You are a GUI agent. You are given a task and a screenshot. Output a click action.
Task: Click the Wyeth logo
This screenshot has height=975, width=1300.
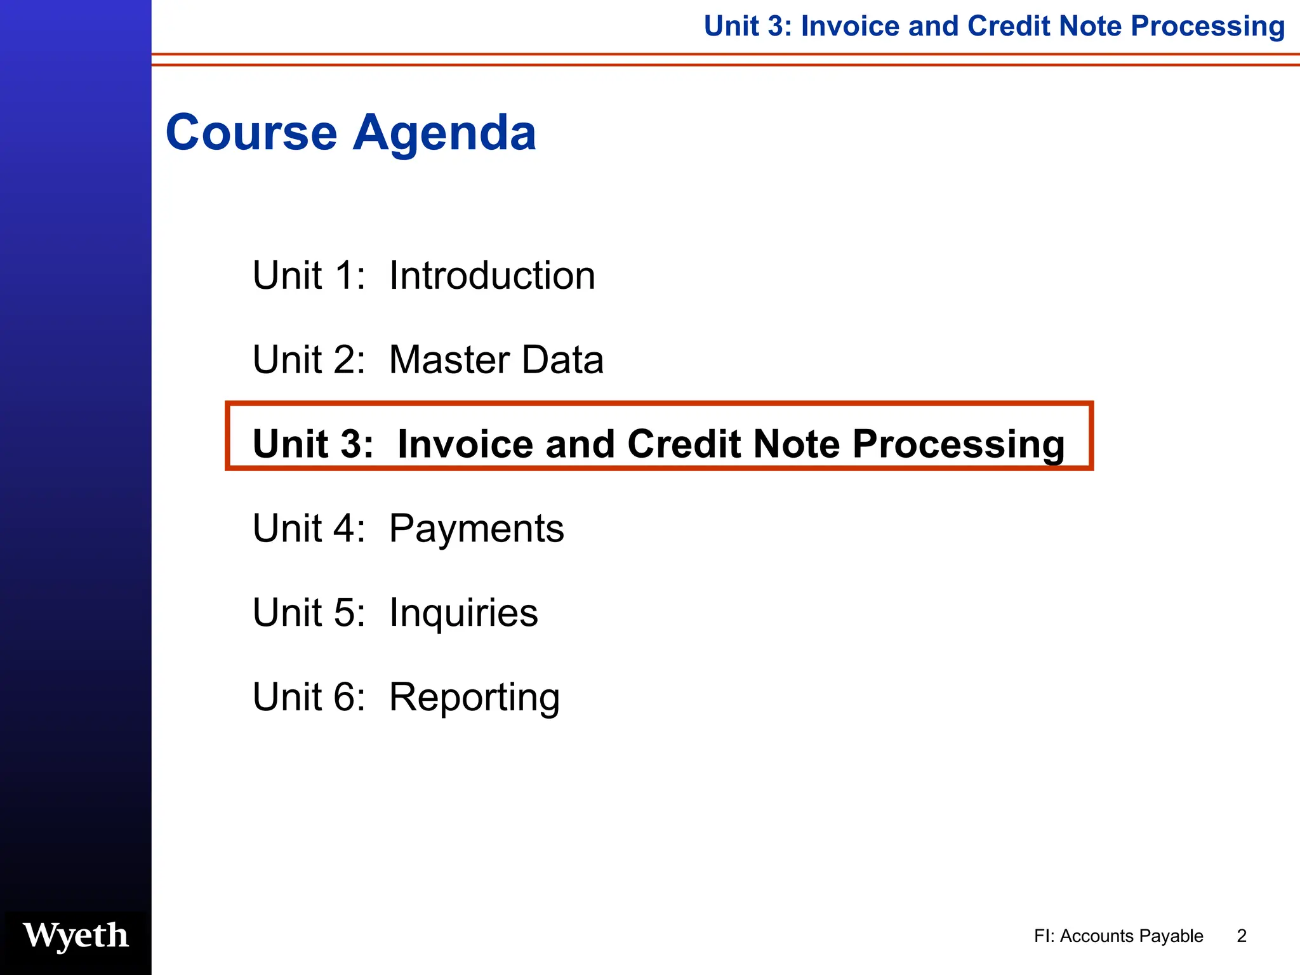click(x=76, y=936)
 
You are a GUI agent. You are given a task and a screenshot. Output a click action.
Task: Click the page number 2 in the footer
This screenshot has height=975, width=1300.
click(x=1242, y=936)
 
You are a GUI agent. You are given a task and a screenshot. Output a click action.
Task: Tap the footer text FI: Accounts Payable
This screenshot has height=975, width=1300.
click(x=1118, y=936)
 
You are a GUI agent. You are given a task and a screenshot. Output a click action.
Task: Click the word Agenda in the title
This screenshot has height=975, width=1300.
click(x=444, y=133)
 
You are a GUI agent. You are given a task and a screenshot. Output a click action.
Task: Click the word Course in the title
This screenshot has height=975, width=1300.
click(x=251, y=133)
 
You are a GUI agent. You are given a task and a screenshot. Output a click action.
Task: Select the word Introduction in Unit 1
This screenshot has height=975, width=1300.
click(x=492, y=276)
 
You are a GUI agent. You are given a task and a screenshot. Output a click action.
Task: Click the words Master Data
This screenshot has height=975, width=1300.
click(x=496, y=360)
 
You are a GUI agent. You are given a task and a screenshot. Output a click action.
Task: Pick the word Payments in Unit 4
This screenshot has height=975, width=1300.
click(x=476, y=529)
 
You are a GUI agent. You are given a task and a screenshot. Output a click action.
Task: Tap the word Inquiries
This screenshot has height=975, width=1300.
click(x=463, y=613)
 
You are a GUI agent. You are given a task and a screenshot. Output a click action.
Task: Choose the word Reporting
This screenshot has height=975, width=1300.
click(x=474, y=698)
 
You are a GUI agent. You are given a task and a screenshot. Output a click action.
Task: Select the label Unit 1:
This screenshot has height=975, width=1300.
click(x=309, y=276)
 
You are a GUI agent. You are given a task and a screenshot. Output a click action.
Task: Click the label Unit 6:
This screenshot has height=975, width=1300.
click(x=309, y=698)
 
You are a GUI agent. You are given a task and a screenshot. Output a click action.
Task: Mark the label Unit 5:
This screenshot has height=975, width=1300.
click(x=309, y=613)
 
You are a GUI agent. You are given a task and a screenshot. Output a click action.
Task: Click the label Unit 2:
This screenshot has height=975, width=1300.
click(x=309, y=360)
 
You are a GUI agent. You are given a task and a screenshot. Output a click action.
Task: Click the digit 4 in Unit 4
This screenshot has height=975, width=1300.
click(x=345, y=529)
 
